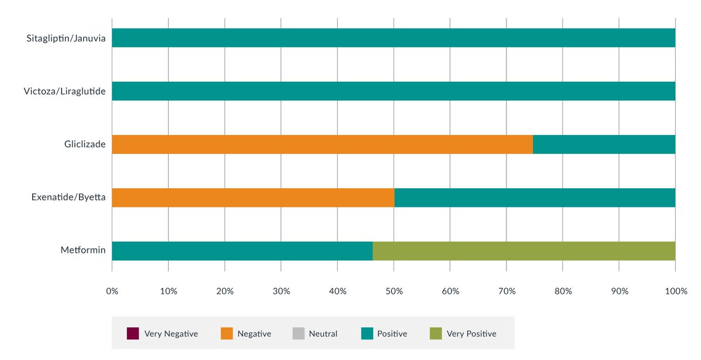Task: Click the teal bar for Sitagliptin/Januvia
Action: (393, 38)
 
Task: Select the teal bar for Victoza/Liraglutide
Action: (393, 91)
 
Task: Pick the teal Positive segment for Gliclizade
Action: (604, 144)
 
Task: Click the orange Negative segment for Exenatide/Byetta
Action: (253, 198)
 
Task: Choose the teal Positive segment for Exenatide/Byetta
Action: (535, 198)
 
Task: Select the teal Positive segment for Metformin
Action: (242, 251)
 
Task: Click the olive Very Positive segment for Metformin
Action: (523, 251)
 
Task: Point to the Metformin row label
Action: (83, 251)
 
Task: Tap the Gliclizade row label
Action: (85, 144)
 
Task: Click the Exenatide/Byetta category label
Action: (68, 198)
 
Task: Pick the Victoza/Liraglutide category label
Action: (64, 92)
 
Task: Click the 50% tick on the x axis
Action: (394, 291)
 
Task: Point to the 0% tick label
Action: (112, 291)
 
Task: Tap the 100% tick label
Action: (675, 291)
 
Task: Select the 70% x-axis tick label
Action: (506, 291)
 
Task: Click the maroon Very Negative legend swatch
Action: (133, 334)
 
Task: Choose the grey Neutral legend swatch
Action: (298, 334)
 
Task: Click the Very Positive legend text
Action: (471, 334)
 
